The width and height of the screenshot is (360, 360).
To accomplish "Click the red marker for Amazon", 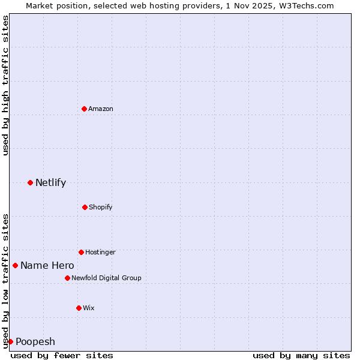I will [x=84, y=109].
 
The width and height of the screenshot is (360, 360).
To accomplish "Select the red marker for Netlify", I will [x=30, y=182].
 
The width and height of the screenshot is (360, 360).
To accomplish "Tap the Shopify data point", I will [x=85, y=207].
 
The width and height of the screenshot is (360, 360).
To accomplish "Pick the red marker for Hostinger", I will [x=81, y=252].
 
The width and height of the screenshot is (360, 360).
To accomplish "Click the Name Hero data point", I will [x=15, y=265].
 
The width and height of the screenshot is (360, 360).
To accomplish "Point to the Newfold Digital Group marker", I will [x=67, y=278].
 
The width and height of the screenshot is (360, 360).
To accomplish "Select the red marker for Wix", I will [x=79, y=308].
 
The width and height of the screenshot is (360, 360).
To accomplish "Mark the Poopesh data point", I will [x=10, y=341].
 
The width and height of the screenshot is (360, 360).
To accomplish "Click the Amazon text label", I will [x=101, y=109].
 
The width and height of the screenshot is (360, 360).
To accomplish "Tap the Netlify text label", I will [x=50, y=182].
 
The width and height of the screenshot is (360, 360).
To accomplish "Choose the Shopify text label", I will [x=101, y=207].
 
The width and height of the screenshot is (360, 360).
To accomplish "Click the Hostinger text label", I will [x=100, y=252].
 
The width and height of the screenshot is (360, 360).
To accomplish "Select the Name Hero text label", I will [x=47, y=265].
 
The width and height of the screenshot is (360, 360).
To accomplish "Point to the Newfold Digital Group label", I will [x=106, y=278].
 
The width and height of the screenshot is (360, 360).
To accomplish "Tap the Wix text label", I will [x=89, y=308].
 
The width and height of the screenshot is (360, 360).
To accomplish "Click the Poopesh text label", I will [x=35, y=341].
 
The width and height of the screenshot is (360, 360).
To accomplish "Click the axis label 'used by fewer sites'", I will [x=62, y=355].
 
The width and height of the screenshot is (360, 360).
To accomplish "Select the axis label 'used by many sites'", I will [x=301, y=355].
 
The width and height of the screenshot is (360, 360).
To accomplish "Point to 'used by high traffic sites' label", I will [x=5, y=85].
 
